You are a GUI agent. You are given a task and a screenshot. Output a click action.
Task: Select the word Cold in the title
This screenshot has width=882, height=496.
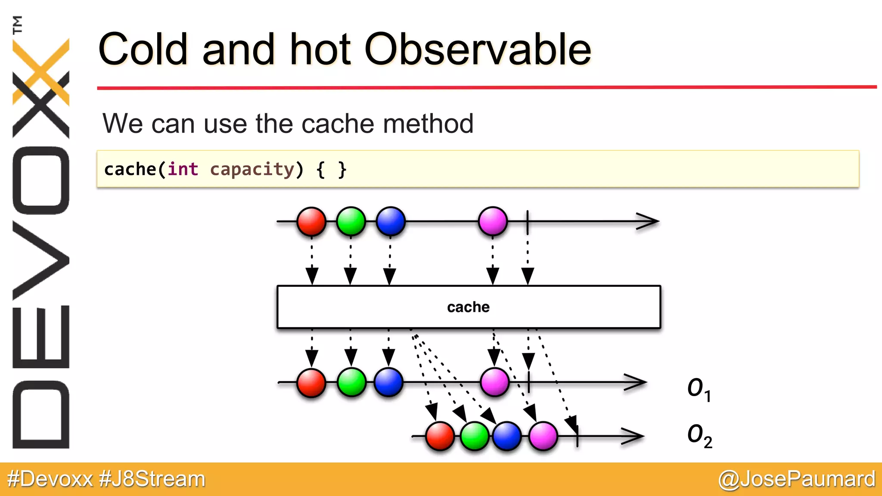click(x=143, y=50)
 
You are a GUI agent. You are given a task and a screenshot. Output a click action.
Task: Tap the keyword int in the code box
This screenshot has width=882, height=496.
click(x=183, y=169)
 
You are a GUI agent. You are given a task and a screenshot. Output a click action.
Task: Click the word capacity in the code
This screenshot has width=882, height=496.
click(x=252, y=169)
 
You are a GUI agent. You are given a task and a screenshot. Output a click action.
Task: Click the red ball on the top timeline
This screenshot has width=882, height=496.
click(x=311, y=221)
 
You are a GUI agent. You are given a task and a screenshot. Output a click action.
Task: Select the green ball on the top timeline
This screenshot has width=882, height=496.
click(x=351, y=221)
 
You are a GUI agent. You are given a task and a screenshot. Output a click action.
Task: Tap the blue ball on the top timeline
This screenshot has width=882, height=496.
click(x=391, y=221)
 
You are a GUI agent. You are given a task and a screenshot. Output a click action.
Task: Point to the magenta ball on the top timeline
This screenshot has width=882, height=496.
click(x=493, y=221)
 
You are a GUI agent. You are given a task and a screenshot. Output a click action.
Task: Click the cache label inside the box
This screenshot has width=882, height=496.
click(x=468, y=307)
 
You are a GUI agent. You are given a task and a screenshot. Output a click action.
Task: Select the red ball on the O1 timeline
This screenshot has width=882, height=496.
click(x=311, y=382)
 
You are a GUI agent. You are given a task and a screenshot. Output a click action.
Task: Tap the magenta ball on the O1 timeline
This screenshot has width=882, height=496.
click(x=494, y=382)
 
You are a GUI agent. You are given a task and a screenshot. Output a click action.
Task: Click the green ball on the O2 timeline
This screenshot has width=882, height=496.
click(x=474, y=436)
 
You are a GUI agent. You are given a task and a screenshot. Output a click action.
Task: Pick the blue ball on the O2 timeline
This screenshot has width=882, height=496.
click(x=507, y=436)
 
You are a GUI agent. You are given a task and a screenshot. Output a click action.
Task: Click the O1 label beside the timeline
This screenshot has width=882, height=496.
click(x=699, y=389)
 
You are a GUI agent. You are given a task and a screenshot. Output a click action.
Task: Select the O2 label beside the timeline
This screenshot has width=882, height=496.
click(x=699, y=435)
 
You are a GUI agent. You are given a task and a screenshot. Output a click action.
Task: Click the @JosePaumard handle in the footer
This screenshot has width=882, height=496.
click(x=797, y=479)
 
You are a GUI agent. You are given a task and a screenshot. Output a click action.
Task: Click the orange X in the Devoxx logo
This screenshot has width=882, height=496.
click(x=41, y=71)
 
